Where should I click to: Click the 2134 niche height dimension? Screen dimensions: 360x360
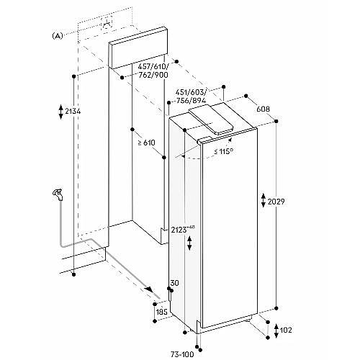pos(73,112)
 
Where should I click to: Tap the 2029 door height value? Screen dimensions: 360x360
pos(276,202)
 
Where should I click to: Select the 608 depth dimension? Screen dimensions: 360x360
pos(264,109)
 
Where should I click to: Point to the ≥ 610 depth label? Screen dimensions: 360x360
pos(147,143)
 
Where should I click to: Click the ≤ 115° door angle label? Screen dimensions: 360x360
pos(223,151)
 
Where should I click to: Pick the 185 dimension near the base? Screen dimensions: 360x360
pos(161,312)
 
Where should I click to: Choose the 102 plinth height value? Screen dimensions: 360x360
pos(286,330)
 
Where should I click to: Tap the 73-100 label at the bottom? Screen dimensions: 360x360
pos(182,354)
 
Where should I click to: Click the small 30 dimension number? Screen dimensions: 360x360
pos(175,283)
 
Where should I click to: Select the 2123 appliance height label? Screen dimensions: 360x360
pos(182,230)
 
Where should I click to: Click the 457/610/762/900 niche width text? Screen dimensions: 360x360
pos(153,71)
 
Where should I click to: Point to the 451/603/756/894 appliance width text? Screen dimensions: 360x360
pos(191,96)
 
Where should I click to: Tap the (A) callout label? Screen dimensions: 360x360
pos(58,36)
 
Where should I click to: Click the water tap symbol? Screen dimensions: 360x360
pos(58,194)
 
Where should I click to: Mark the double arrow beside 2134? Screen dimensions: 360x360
pos(60,112)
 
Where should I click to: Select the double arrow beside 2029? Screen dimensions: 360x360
pos(264,200)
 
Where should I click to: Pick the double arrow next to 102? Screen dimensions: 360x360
pos(276,330)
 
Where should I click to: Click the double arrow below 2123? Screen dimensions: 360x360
pos(189,243)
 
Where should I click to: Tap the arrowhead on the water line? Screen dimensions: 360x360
pos(149,289)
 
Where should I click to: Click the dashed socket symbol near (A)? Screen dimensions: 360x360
pos(107,24)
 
